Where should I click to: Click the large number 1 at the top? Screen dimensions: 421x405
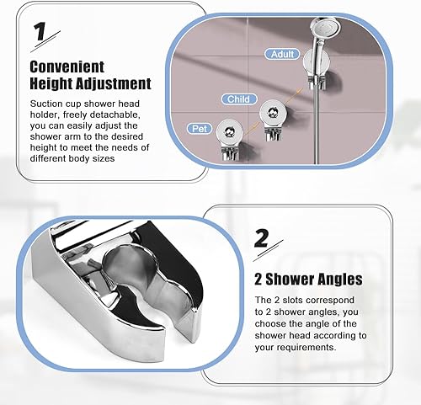pyautogui.click(x=40, y=31)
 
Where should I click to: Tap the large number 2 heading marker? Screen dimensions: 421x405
pyautogui.click(x=262, y=238)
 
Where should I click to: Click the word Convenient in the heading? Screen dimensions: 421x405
pyautogui.click(x=67, y=67)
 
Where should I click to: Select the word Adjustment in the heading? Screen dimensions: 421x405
pyautogui.click(x=114, y=83)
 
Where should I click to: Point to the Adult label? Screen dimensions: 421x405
pyautogui.click(x=282, y=54)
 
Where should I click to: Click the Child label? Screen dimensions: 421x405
pyautogui.click(x=238, y=99)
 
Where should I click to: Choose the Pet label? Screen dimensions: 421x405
pyautogui.click(x=200, y=129)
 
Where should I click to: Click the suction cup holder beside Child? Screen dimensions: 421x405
pyautogui.click(x=272, y=120)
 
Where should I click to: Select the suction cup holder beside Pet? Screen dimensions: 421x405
pyautogui.click(x=230, y=140)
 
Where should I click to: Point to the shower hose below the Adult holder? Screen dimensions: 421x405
pyautogui.click(x=317, y=126)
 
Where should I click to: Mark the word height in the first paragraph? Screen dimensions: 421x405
pyautogui.click(x=41, y=147)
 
